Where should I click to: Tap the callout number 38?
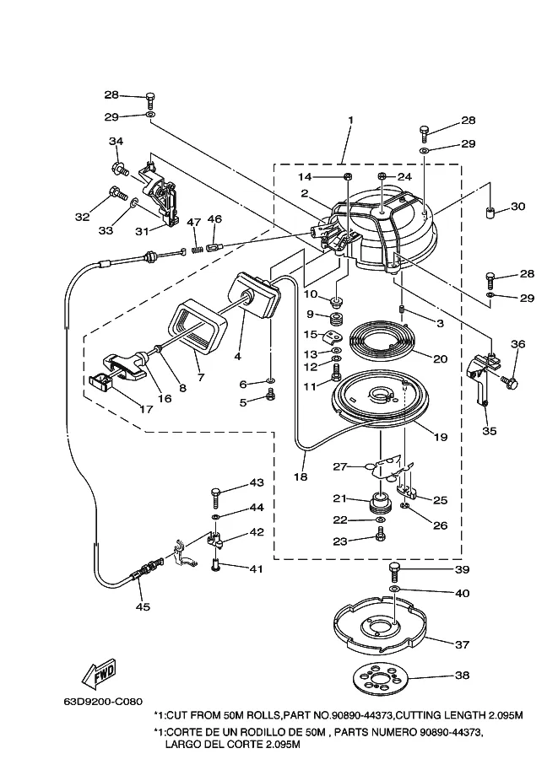coord(462,676)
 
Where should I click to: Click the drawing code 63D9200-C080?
coord(102,702)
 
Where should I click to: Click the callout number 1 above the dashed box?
coord(350,120)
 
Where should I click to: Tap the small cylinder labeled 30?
coord(489,213)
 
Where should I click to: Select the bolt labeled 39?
coord(394,573)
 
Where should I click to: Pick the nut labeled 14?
coord(346,176)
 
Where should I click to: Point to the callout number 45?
coord(143,607)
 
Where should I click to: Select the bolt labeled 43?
coord(216,498)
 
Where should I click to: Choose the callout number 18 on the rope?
coord(301,477)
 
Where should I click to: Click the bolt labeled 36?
coord(509,380)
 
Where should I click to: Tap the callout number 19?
coord(441,437)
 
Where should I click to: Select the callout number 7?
coord(201,378)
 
